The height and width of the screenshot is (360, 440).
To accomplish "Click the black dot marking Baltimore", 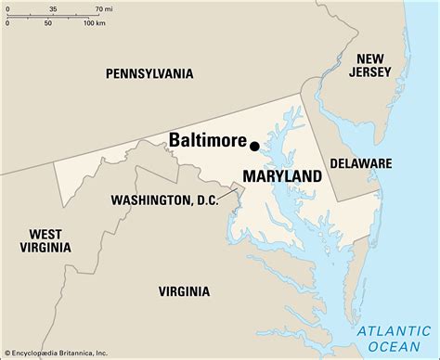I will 254,144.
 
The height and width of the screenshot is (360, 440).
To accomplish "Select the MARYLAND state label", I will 282,176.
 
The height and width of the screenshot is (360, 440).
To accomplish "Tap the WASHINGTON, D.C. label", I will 164,199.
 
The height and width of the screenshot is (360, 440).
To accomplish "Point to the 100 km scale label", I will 93,22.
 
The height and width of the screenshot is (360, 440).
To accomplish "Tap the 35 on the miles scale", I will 53,8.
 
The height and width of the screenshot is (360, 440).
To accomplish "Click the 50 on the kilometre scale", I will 47,22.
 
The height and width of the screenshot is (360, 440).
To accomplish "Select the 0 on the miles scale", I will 6,8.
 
